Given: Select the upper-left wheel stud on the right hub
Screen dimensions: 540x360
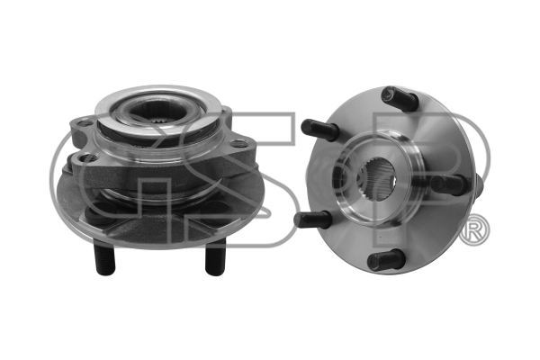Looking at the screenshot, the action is point(319,129).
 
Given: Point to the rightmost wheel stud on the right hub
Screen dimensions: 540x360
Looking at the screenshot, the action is point(449,184).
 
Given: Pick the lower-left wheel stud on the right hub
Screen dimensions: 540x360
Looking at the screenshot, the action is point(312,219).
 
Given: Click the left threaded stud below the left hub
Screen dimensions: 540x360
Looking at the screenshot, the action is point(104,258).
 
